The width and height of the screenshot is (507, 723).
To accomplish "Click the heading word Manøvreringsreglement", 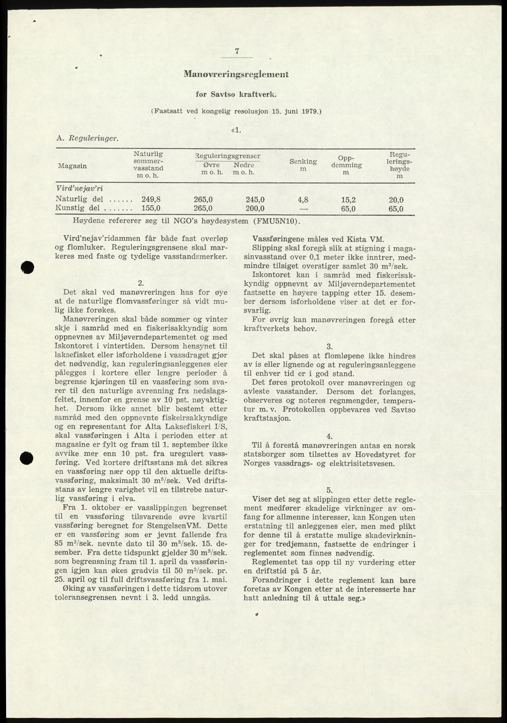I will click(x=236, y=74).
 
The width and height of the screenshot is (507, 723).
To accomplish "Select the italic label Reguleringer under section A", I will click(x=94, y=138).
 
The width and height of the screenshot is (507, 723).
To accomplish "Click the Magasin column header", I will click(x=72, y=166).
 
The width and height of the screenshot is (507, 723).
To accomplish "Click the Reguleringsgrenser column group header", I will click(x=228, y=156).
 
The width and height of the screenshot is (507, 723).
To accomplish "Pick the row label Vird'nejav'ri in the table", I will click(x=79, y=188).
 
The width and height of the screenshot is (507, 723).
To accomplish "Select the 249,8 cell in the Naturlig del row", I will click(x=151, y=199).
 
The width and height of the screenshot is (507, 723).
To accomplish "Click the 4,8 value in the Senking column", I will click(x=303, y=199).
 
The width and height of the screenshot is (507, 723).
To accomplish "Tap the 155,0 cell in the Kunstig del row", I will click(x=151, y=208).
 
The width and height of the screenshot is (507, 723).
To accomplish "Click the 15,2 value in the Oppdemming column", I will click(x=348, y=199).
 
